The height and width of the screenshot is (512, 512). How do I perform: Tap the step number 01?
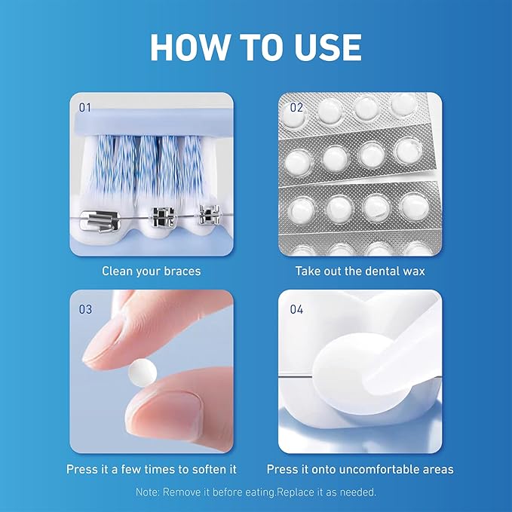pos(85,108)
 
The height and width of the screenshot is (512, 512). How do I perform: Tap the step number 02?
pos(296,108)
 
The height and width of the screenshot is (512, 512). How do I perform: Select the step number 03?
pos(85,308)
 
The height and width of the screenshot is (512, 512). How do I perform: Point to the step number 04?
pos(296,308)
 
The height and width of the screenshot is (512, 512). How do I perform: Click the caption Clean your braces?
pos(151,270)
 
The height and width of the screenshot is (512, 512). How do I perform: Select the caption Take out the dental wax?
pos(360,270)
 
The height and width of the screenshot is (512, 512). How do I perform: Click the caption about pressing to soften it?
pos(151,469)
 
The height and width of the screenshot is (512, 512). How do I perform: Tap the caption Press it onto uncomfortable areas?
pos(360,469)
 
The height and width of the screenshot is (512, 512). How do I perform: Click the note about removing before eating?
pos(256,491)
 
